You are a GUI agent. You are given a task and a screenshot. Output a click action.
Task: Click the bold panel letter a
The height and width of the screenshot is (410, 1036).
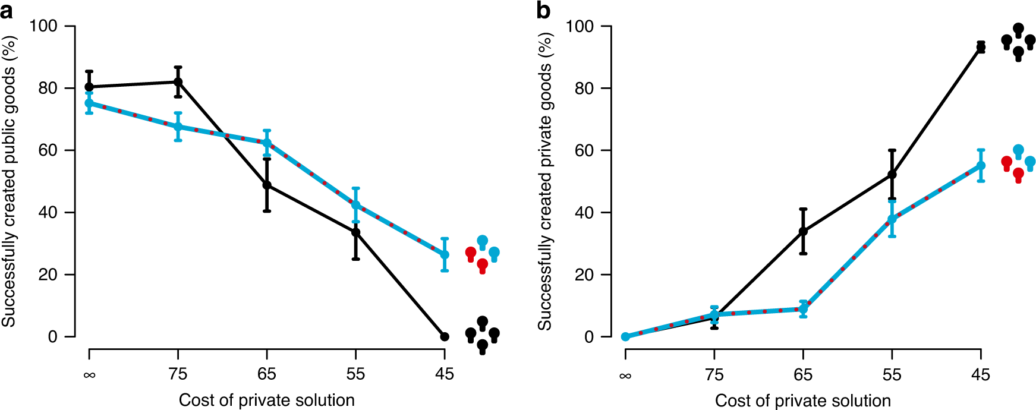(x=7, y=10)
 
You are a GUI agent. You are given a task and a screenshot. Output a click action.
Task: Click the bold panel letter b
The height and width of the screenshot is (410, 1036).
(x=543, y=10)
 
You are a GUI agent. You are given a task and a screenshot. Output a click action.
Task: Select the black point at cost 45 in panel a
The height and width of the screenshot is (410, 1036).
(x=445, y=336)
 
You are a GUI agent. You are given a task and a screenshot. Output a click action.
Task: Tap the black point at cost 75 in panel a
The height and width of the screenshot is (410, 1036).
(x=178, y=82)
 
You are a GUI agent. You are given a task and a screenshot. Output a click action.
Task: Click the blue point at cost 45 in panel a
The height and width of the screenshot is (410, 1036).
(x=445, y=254)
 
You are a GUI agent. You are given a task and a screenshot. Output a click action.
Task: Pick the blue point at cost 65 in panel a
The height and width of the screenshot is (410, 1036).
(x=267, y=143)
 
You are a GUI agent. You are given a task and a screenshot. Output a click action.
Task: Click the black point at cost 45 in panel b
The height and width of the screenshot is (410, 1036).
(x=981, y=48)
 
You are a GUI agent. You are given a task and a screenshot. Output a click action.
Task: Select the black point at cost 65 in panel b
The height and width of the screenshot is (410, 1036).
(x=803, y=231)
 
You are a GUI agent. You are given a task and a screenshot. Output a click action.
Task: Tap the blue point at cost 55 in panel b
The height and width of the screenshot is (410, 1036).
(x=892, y=219)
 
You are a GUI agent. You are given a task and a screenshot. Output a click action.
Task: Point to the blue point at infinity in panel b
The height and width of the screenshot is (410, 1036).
(x=625, y=336)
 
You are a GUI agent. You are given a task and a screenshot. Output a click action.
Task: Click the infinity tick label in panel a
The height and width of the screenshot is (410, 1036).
(x=89, y=374)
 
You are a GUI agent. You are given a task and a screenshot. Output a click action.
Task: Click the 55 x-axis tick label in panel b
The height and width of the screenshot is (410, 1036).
(x=892, y=374)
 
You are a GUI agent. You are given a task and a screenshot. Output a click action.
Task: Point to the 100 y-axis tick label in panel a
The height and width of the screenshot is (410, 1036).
(x=43, y=26)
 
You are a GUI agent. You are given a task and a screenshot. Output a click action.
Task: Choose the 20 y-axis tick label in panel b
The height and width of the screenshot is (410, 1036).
(x=585, y=275)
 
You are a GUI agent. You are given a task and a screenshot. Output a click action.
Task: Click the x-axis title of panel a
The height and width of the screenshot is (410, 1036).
(x=267, y=400)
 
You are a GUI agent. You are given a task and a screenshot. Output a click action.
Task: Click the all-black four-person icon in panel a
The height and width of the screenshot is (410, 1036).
(x=482, y=335)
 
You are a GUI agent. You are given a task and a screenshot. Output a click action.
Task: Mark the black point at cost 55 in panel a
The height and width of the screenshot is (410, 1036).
(x=355, y=232)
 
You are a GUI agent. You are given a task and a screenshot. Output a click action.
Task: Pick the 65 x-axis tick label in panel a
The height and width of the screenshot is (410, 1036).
(x=267, y=374)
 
